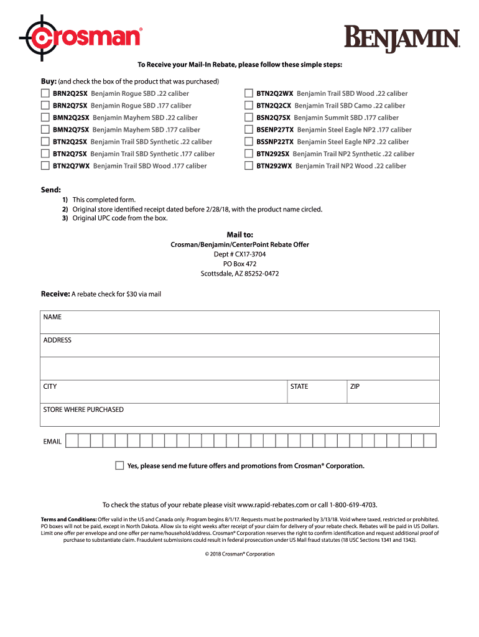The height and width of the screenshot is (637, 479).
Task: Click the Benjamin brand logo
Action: click(402, 39)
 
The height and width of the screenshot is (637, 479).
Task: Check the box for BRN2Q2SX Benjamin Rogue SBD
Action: click(45, 93)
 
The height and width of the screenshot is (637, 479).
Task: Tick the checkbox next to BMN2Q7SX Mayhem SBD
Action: click(45, 129)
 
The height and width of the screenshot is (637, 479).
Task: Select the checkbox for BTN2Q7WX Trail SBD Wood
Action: click(45, 165)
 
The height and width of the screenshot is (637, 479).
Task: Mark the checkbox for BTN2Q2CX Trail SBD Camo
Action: click(249, 105)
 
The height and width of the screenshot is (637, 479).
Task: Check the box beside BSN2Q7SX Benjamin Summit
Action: click(249, 117)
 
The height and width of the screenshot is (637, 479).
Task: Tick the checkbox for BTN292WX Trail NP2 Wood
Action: click(249, 165)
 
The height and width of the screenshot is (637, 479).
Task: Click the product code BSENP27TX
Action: click(275, 130)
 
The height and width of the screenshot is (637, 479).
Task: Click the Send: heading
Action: click(51, 188)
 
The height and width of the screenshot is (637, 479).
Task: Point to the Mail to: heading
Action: click(240, 235)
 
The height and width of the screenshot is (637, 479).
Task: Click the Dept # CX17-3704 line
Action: click(240, 254)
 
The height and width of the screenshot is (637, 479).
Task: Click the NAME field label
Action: click(52, 317)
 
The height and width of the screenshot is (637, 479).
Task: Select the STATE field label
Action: click(299, 386)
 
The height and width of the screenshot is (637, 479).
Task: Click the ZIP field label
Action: click(355, 386)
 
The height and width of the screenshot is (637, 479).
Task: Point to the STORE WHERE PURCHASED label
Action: click(83, 409)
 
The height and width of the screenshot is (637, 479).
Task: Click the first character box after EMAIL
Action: click(72, 441)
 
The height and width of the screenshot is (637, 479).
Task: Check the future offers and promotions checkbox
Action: click(119, 465)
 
